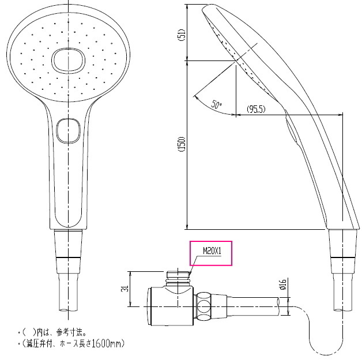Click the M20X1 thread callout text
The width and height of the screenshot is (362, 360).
point(212,251)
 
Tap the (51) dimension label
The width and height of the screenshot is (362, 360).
point(182,35)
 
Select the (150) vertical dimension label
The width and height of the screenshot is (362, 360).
point(182,144)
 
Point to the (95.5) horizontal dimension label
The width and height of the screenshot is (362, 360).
point(256,109)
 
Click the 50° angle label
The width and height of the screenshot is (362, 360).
point(216,105)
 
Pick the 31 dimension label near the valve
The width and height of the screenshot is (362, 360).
point(125,289)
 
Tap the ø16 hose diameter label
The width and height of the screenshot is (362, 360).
point(283,285)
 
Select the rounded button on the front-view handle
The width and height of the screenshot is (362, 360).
point(69,131)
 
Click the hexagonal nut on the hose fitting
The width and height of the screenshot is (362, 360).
point(204,306)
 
